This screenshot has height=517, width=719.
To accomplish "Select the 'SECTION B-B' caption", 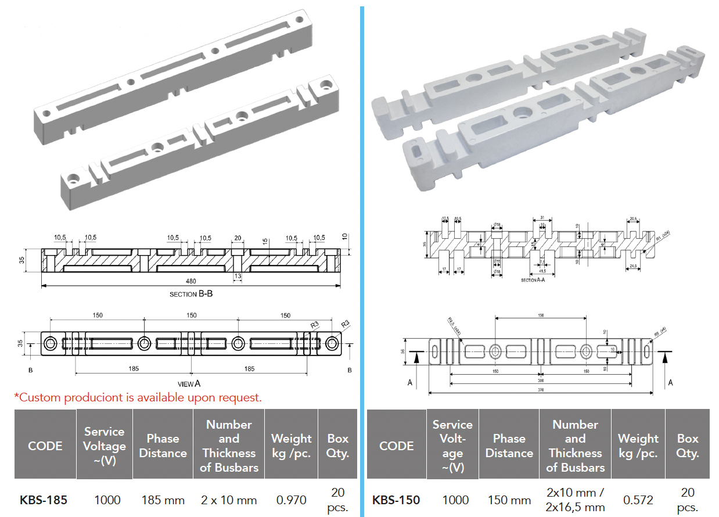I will coord(191,294).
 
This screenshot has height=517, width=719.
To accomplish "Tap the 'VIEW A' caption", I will coord(189,383).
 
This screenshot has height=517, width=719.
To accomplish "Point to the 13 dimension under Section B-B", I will coord(237,275).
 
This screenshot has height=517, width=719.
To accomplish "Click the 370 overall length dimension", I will coord(541,390).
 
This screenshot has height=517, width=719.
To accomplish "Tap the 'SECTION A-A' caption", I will coord(533,280).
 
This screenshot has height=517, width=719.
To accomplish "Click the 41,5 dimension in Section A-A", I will coord(541,271).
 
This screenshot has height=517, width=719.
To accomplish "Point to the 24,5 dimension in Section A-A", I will coord(634,266).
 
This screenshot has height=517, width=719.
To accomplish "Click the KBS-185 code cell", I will coord(44,500).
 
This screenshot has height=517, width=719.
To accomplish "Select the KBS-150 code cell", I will coord(396,500).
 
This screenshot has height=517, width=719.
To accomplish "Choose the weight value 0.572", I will coord(638,500).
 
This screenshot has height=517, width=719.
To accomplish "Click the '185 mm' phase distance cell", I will coord(163,500).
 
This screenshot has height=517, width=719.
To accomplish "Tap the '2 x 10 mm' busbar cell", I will coord(228,500).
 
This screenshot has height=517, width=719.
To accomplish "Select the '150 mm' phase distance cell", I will coord(509,500).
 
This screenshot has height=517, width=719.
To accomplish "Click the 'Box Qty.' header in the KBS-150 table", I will coord(688,446).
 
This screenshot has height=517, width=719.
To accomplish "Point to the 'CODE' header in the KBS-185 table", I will coord(45,446).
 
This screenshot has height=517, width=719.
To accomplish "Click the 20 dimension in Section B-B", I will coord(237,238).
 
